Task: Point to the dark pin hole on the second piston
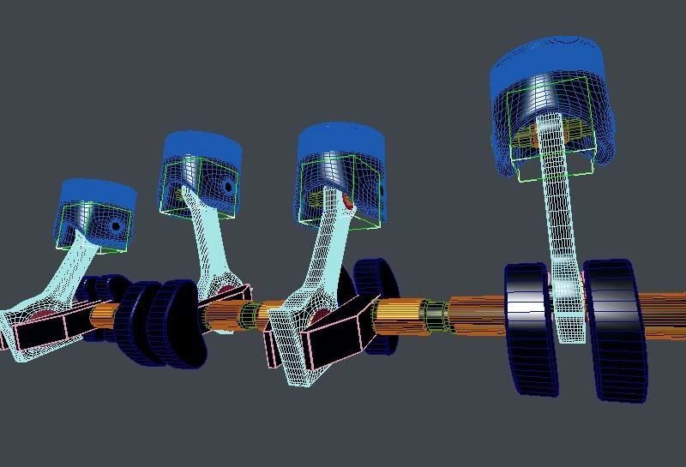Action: (x=226, y=186)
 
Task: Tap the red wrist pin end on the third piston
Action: (x=346, y=202)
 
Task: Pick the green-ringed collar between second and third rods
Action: (x=249, y=314)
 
